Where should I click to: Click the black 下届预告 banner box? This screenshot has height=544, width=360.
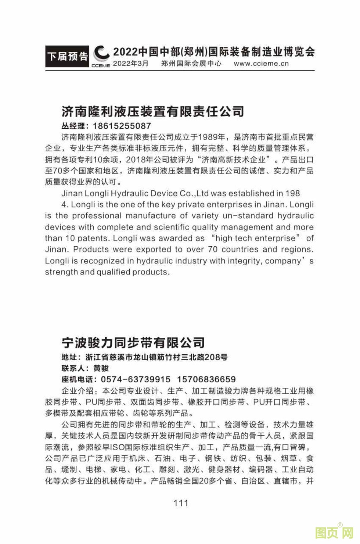pyautogui.click(x=67, y=56)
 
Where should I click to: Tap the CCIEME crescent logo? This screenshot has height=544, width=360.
pyautogui.click(x=101, y=55)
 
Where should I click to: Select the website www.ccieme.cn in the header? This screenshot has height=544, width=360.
pyautogui.click(x=261, y=63)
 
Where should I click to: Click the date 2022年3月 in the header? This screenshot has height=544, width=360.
pyautogui.click(x=130, y=63)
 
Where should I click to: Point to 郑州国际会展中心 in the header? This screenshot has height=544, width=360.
pyautogui.click(x=191, y=63)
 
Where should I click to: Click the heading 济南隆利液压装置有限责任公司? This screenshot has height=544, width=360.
pyautogui.click(x=153, y=111)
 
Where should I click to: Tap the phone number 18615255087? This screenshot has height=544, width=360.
pyautogui.click(x=122, y=126)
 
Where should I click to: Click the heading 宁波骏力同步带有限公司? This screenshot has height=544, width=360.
pyautogui.click(x=133, y=343)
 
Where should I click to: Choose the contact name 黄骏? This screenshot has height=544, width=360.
pyautogui.click(x=101, y=368)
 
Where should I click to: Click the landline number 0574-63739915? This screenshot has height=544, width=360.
pyautogui.click(x=136, y=379)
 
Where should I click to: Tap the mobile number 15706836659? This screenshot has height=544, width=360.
pyautogui.click(x=206, y=379)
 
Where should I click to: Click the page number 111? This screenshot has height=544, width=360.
pyautogui.click(x=181, y=503)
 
